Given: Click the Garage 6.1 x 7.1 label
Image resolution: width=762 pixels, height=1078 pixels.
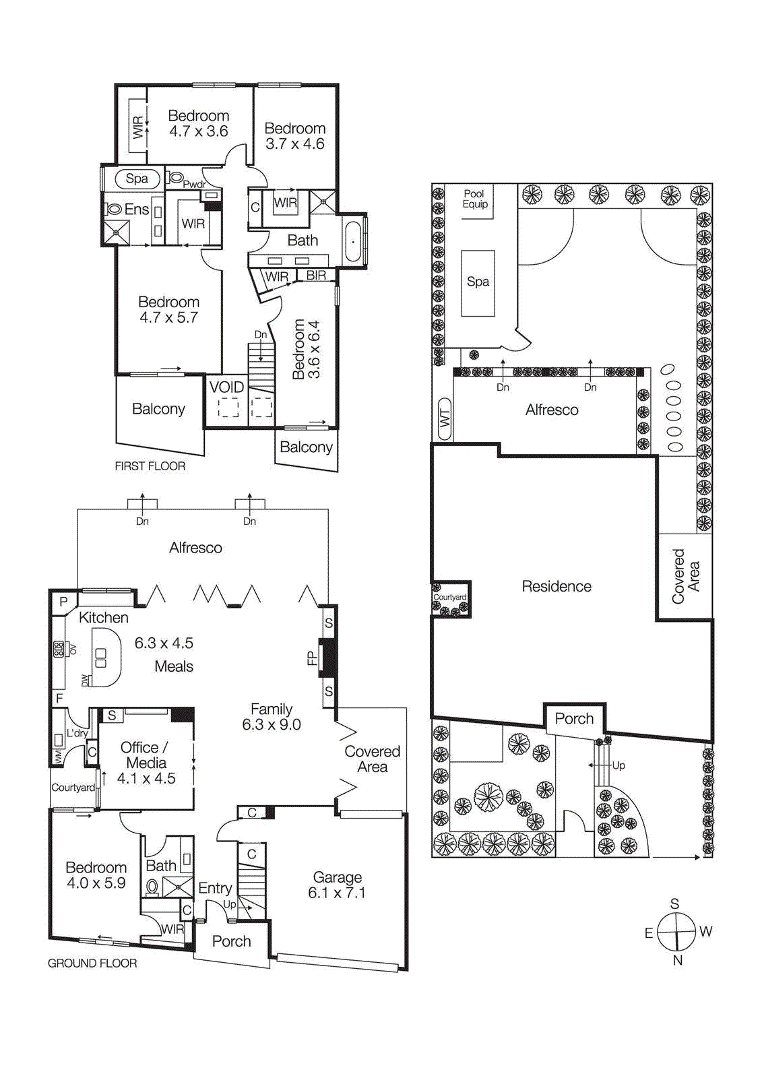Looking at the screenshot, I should (336, 885).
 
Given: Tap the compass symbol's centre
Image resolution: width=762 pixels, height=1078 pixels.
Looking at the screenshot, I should (676, 932).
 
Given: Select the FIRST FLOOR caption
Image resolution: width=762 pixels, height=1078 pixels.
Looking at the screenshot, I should (150, 466).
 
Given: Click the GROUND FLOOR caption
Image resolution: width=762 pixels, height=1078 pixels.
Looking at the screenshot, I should (92, 963).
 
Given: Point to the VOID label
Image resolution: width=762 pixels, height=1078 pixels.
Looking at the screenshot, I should (226, 387).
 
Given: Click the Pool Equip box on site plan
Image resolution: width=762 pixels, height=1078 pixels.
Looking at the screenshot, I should (475, 199).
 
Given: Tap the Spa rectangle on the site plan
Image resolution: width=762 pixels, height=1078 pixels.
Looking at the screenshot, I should (478, 282).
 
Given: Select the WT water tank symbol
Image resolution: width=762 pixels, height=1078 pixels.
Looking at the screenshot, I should (445, 420).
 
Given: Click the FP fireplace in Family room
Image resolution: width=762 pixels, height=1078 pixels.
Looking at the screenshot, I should (327, 658).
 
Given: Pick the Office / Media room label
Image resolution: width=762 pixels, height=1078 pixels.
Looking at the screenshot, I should (146, 763).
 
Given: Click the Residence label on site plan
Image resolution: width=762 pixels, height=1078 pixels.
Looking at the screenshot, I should (557, 586).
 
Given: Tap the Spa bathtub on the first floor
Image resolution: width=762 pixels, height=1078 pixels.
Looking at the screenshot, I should (137, 179).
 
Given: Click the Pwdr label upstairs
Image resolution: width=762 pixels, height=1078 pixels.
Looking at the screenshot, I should (195, 185).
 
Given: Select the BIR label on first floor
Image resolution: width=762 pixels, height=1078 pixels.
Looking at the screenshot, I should (316, 275).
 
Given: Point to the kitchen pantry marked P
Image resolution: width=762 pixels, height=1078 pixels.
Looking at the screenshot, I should (63, 602).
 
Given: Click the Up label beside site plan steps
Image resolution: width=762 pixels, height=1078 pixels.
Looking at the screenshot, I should (618, 765).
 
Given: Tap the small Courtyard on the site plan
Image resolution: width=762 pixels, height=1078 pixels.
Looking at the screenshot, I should (450, 599).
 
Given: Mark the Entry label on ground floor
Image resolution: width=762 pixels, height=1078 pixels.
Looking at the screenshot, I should (215, 888).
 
